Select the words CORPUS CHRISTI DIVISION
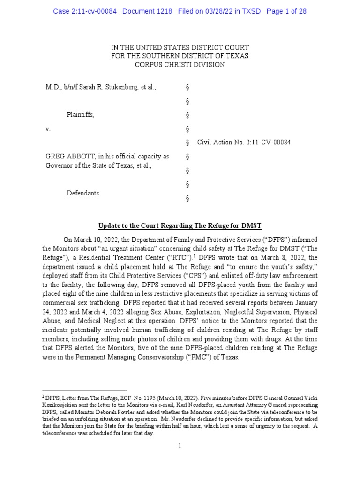tap(180, 65)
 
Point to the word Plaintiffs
tap(80, 115)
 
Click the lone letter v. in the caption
tap(48, 128)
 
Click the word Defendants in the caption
tap(83, 193)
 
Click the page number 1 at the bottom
tap(180, 446)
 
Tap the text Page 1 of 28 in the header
tap(286, 11)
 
